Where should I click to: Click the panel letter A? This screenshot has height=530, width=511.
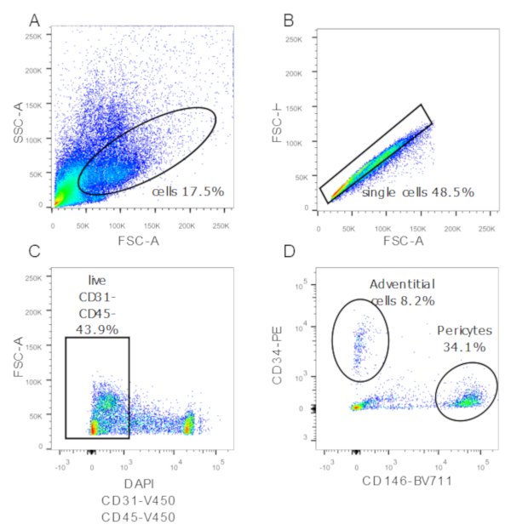[35, 19]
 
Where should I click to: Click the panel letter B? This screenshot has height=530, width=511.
[289, 19]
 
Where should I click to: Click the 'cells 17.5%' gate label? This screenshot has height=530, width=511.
[188, 191]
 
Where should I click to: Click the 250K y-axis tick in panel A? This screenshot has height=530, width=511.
[34, 38]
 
